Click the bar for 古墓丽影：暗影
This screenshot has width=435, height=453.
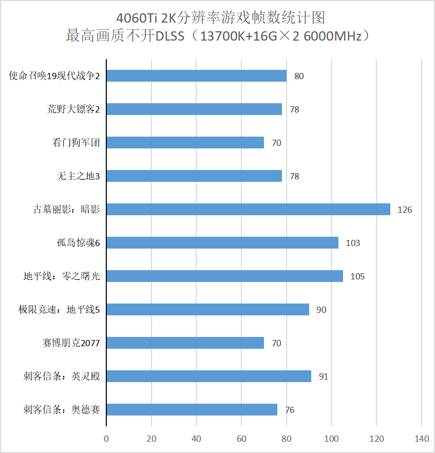[x=248, y=210]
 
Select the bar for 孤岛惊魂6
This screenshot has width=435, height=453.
[x=222, y=243]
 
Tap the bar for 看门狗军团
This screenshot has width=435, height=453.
[x=185, y=143]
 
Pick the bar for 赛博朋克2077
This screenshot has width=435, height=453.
[x=185, y=343]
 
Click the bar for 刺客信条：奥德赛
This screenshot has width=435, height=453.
[x=192, y=410]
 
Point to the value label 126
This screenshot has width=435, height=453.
[x=405, y=210]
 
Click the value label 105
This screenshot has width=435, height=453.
[x=357, y=276]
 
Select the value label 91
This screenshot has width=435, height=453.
[x=323, y=376]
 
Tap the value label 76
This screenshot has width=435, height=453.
[x=290, y=410]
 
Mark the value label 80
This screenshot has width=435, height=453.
[x=299, y=76]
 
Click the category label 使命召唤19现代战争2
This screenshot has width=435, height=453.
[x=54, y=76]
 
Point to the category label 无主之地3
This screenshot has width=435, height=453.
[x=78, y=176]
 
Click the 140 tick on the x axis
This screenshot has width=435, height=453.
[x=422, y=439]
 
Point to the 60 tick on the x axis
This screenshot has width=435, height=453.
[x=241, y=439]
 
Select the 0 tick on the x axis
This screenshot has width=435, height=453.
[x=106, y=439]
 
